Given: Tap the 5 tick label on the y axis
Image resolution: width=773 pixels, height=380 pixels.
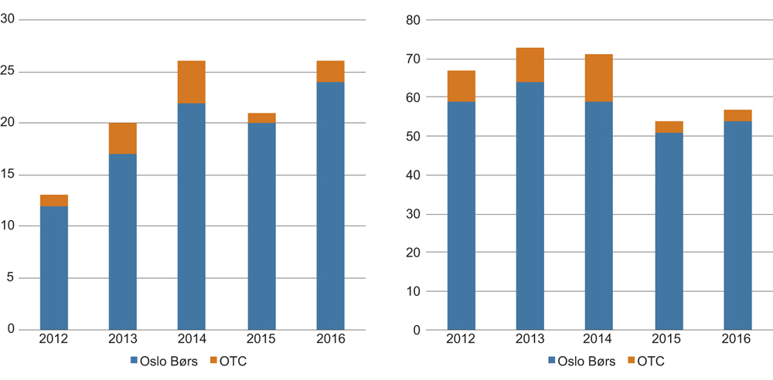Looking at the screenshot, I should (x=11, y=277).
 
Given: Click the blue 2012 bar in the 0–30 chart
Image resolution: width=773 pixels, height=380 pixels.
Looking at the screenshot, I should (x=54, y=267).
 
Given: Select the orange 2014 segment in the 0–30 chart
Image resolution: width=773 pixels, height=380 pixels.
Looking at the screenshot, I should (x=191, y=82).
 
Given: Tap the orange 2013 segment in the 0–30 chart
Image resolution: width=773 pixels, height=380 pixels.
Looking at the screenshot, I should (x=123, y=138).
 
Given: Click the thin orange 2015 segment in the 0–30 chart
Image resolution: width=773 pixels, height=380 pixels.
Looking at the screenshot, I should (x=261, y=118).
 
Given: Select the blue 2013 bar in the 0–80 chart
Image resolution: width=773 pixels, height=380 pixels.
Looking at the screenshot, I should (x=530, y=205).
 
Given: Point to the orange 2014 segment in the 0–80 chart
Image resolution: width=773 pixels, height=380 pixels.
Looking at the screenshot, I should (x=599, y=78).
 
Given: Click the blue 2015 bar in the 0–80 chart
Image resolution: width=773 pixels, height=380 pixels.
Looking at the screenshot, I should (x=669, y=231).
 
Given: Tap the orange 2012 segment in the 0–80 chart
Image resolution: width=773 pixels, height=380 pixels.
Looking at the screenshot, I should (x=461, y=86).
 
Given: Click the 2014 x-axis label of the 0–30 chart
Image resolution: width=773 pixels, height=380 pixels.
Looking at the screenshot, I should (x=191, y=340).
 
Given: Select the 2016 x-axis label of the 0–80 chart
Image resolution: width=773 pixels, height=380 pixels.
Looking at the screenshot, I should (x=737, y=340).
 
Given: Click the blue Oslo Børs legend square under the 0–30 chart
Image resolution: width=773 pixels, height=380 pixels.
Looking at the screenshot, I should (x=133, y=361).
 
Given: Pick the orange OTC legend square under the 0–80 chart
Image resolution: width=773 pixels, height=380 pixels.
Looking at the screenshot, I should (x=630, y=361).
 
